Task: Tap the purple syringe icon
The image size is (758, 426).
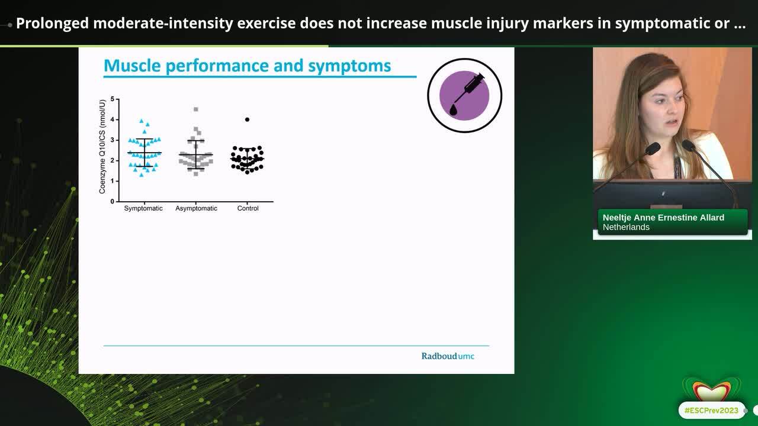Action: [465, 95]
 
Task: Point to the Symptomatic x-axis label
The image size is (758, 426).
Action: [143, 208]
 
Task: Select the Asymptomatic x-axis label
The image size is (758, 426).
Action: [196, 208]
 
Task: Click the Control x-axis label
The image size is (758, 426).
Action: [248, 208]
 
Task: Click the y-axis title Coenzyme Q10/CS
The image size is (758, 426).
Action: [102, 147]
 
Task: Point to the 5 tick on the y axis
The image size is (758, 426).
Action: [113, 99]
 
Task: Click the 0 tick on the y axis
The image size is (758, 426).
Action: [113, 201]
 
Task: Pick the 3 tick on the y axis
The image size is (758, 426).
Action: [113, 140]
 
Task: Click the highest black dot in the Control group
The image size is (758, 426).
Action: [247, 120]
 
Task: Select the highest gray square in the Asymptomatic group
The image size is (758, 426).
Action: [196, 109]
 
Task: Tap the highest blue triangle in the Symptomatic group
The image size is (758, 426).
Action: [142, 121]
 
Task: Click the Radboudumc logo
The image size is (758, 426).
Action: [448, 356]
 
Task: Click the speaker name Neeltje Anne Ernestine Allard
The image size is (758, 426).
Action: [663, 218]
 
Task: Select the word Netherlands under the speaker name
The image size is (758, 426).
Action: [626, 227]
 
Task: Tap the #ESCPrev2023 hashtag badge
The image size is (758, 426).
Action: [711, 410]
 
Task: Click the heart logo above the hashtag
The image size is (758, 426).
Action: [711, 389]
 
